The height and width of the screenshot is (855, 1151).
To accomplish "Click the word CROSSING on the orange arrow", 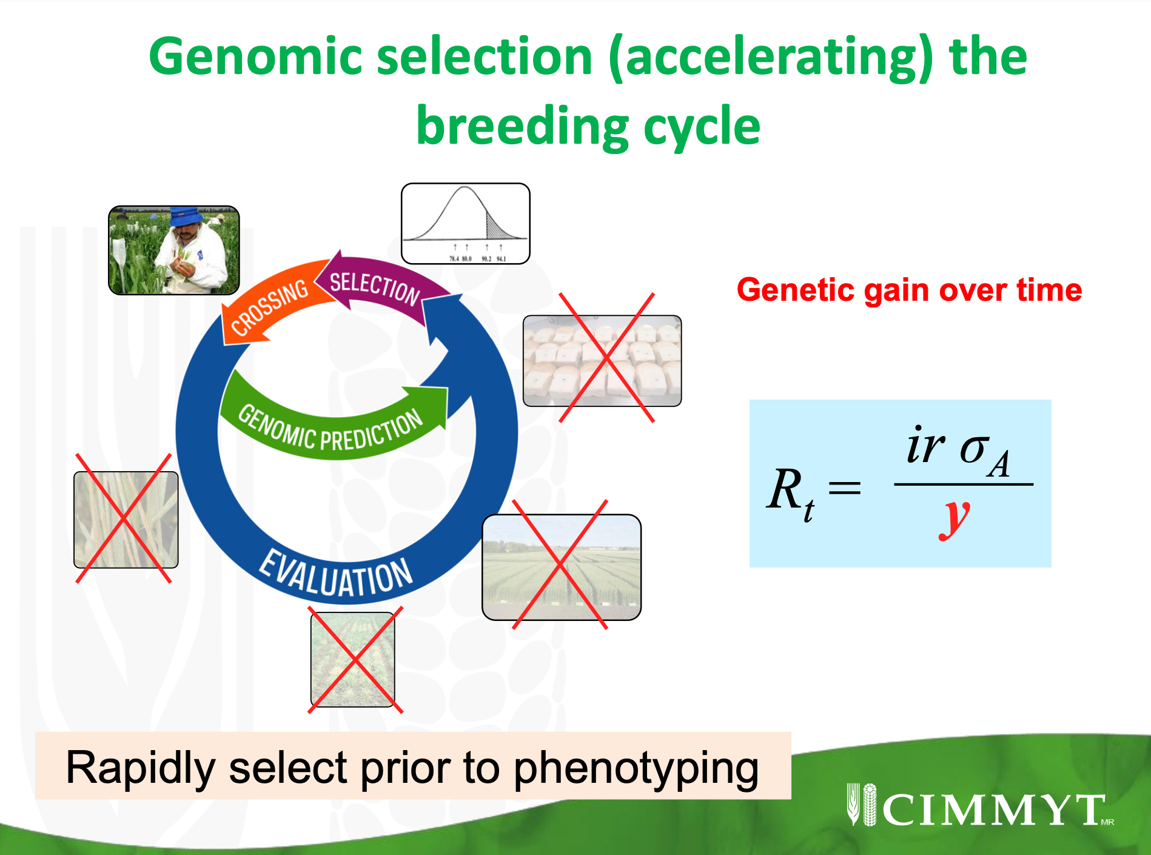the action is [270, 307].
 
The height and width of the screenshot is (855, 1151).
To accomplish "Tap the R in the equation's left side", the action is [785, 490].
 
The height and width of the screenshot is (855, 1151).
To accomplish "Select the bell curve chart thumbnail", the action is [465, 223].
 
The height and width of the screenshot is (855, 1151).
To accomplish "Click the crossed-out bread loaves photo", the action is [602, 360].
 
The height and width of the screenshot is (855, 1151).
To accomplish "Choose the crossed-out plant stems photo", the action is [126, 520].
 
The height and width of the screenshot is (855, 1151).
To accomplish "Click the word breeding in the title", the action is [522, 126].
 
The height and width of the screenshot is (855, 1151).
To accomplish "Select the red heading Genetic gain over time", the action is [908, 290].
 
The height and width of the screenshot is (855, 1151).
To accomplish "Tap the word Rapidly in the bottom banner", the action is [140, 768].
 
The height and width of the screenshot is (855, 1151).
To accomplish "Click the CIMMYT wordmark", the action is [995, 809].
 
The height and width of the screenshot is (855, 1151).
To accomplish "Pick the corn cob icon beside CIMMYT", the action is [870, 805].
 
